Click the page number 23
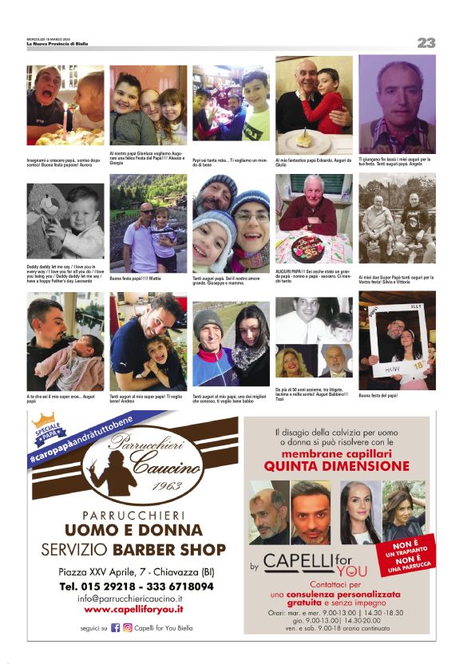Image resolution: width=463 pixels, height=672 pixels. click(425, 42)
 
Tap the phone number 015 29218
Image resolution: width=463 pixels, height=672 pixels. click(101, 585)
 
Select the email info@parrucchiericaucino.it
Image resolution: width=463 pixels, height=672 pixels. click(130, 598)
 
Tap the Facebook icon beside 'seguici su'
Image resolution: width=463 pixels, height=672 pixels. click(115, 628)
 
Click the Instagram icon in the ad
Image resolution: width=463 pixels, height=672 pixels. click(126, 628)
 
